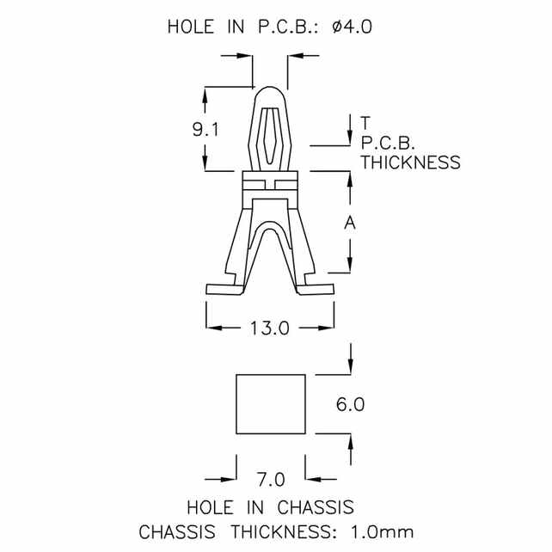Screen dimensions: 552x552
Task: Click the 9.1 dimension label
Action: pos(205,130)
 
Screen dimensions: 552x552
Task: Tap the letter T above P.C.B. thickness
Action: pos(366,121)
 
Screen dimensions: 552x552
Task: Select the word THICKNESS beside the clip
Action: pos(410,162)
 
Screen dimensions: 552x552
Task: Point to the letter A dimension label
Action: pos(350,224)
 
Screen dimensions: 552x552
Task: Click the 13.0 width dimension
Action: pos(269,328)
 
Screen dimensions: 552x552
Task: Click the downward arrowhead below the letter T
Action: pos(350,141)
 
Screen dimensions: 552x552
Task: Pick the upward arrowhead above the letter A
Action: pos(350,178)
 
